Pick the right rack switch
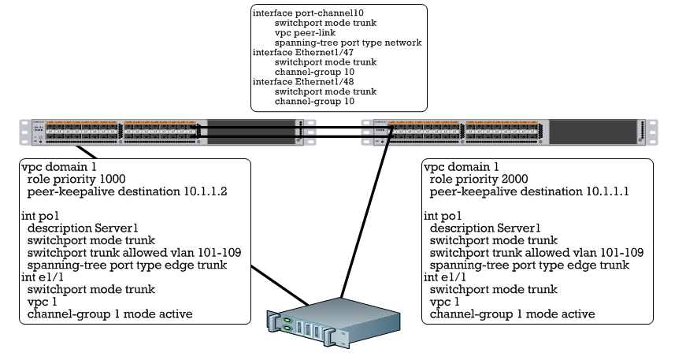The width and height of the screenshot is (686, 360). pyautogui.click(x=504, y=132)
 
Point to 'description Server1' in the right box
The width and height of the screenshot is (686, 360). pyautogui.click(x=487, y=228)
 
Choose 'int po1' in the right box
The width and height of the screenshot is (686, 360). pyautogui.click(x=441, y=215)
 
